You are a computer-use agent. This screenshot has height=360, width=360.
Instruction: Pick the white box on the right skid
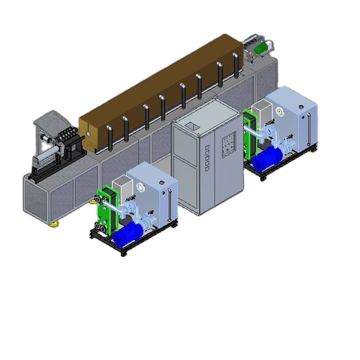coord(262,110)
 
